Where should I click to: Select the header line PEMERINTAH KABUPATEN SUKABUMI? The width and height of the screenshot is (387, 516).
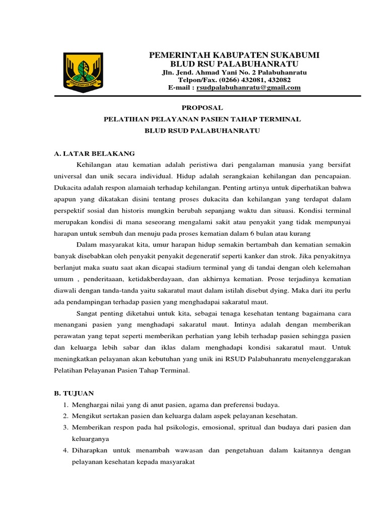click(x=234, y=55)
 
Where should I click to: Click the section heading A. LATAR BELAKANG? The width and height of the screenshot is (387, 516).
click(x=94, y=153)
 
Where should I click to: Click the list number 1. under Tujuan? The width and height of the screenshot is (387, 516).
click(x=66, y=405)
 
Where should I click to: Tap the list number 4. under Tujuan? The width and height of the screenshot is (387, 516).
click(x=66, y=450)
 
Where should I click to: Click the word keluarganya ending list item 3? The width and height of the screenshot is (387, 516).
click(x=91, y=439)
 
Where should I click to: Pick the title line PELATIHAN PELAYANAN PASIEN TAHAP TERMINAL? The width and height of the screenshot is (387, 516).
click(x=202, y=119)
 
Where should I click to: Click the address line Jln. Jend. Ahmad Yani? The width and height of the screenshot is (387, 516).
click(x=234, y=73)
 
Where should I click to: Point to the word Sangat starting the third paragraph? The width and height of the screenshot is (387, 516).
click(x=88, y=313)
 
